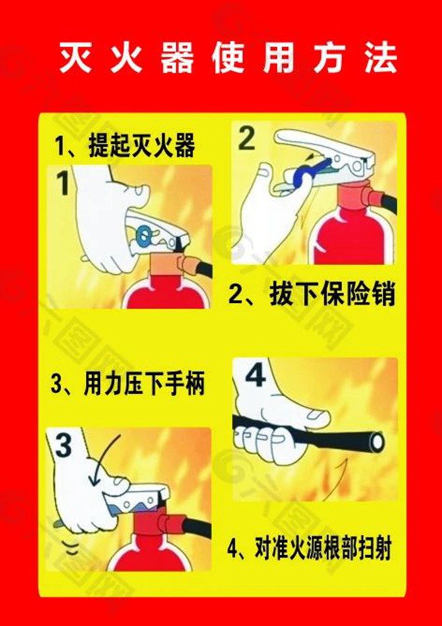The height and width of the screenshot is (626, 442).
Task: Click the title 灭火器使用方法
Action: pos(228,59)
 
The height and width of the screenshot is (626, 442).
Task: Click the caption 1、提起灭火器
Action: pos(124,146)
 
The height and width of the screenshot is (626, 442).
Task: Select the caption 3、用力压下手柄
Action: pos(128,384)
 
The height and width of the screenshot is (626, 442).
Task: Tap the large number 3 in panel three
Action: pos(64,447)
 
